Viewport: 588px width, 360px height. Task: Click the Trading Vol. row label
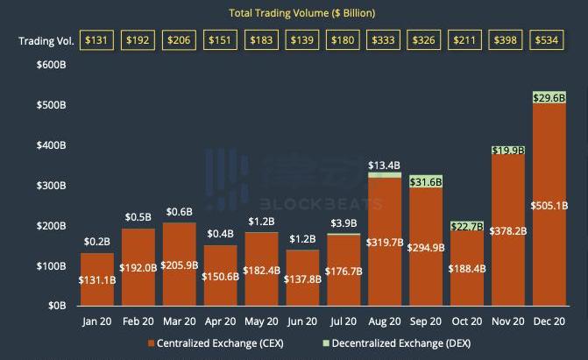pyautogui.click(x=43, y=41)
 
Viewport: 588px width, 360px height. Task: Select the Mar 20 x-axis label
pyautogui.click(x=179, y=321)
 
